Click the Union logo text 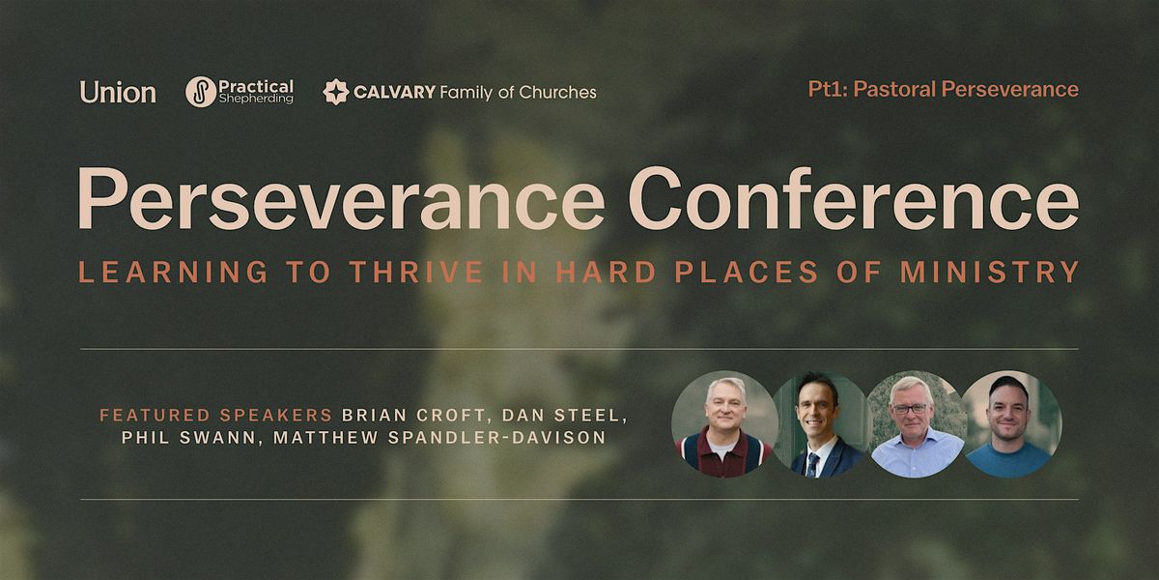click(118, 92)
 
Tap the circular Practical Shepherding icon click(201, 92)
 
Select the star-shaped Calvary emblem click(336, 92)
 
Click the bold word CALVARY click(394, 92)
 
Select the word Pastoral click(894, 89)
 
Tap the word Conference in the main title click(854, 199)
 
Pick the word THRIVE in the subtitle click(416, 272)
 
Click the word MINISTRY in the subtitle click(990, 272)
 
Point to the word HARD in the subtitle click(606, 272)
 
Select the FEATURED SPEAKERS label click(215, 416)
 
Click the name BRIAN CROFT click(413, 416)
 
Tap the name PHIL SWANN click(189, 438)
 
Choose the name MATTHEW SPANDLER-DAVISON click(439, 438)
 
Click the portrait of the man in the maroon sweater click(725, 424)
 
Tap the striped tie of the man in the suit click(813, 465)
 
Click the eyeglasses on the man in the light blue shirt click(910, 409)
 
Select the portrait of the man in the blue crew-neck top click(1009, 424)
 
